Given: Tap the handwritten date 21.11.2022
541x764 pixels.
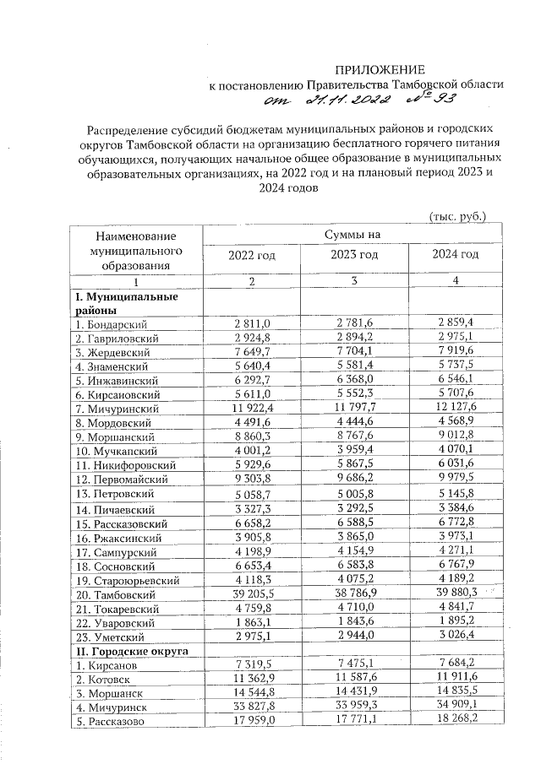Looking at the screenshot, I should coord(339,101).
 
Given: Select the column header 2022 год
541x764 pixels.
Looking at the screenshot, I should coord(253,255).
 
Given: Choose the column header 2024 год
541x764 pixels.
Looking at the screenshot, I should coord(455,254).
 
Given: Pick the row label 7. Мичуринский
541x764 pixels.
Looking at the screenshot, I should coord(113,408).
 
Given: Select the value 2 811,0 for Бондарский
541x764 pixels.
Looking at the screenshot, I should coord(253,324).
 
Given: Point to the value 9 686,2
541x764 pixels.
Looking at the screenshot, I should coord(354,477).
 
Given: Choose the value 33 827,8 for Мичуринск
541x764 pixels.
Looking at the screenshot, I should coord(253,707).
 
